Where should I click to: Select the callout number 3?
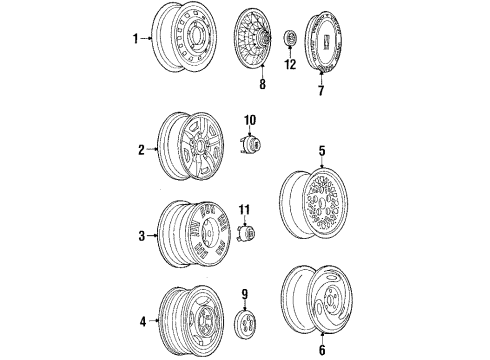[140, 236]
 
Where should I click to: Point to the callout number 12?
[291, 66]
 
